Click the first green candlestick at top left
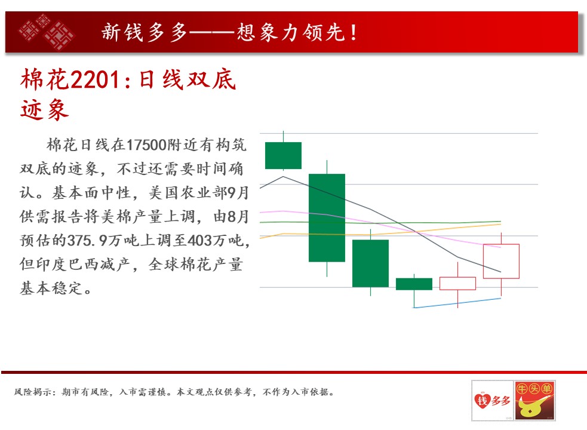pyautogui.click(x=284, y=155)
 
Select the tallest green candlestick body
pyautogui.click(x=327, y=217)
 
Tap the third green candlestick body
pyautogui.click(x=371, y=263)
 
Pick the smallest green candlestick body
pyautogui.click(x=414, y=284)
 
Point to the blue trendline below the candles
pyautogui.click(x=457, y=303)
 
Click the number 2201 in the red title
pyautogui.click(x=95, y=80)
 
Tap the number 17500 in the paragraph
pyautogui.click(x=146, y=145)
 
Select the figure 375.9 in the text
pyautogui.click(x=87, y=241)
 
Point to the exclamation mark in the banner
pyautogui.click(x=354, y=32)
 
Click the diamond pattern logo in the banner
pyautogui.click(x=47, y=32)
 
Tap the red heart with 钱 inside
pyautogui.click(x=482, y=400)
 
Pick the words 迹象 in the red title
pyautogui.click(x=45, y=110)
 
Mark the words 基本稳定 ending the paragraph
pyautogui.click(x=51, y=288)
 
